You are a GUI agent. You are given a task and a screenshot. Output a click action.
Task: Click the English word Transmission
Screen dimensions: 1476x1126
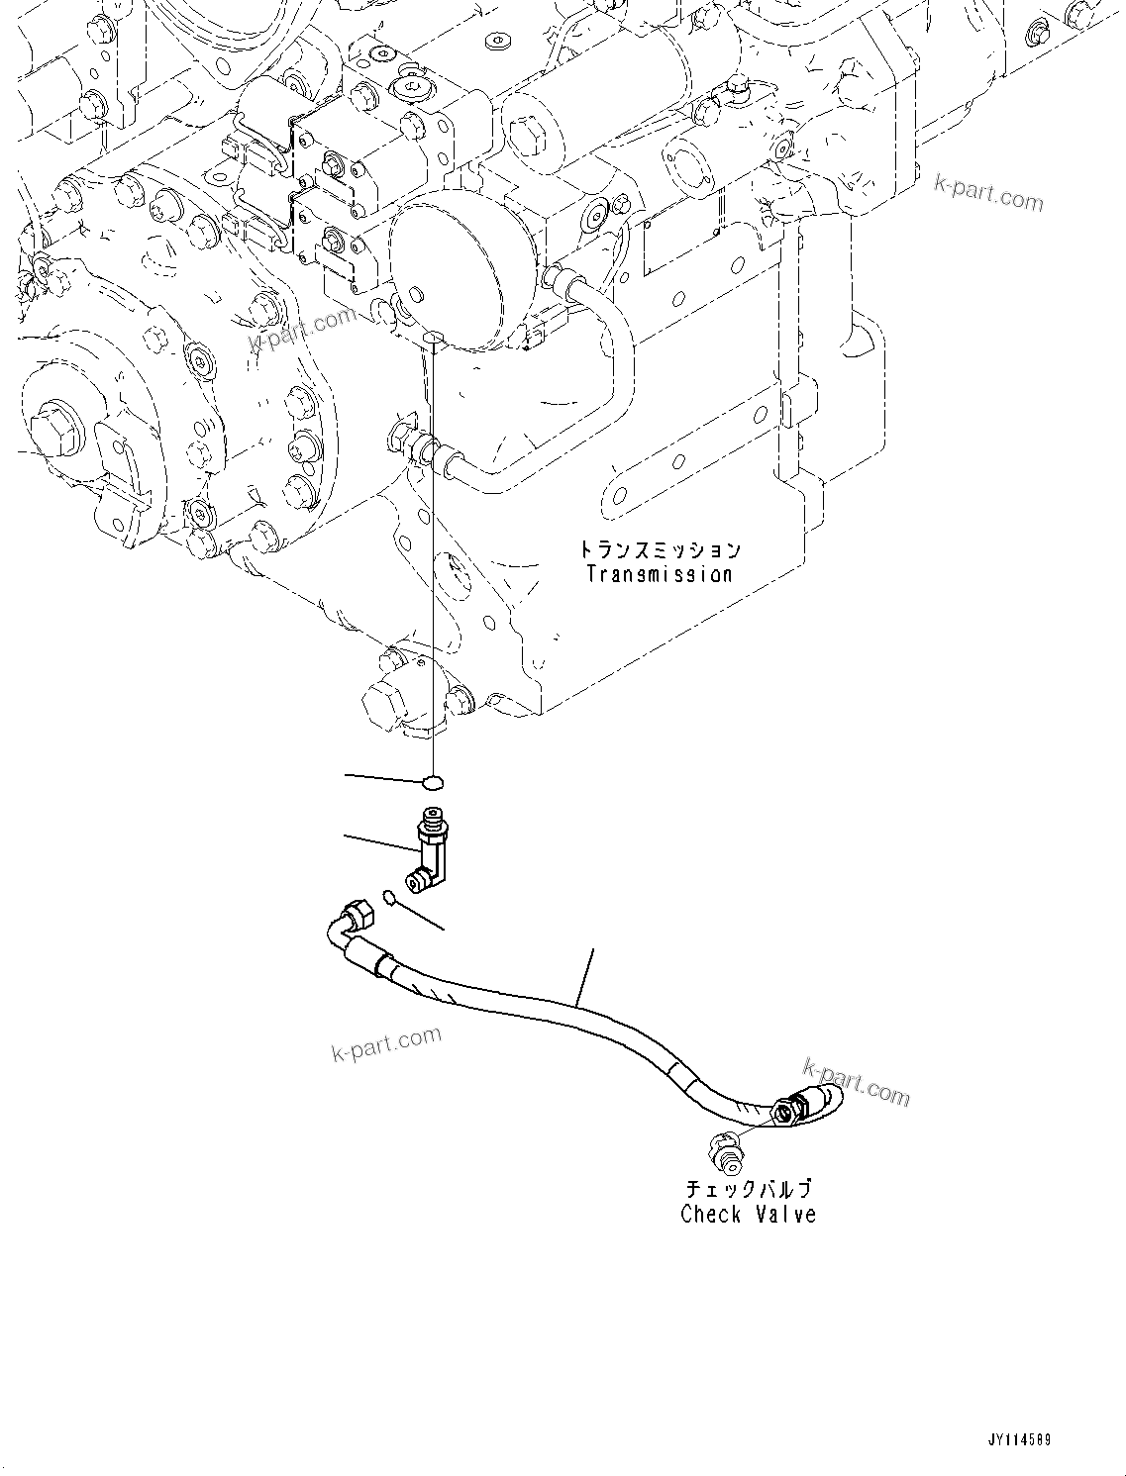[x=659, y=574]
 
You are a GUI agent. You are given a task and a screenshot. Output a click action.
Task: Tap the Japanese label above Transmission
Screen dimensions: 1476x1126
[x=660, y=549]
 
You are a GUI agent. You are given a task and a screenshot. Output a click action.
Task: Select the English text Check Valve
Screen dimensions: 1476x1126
[x=748, y=1214]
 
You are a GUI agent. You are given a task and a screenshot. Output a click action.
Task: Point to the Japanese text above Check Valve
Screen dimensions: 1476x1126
[x=749, y=1189]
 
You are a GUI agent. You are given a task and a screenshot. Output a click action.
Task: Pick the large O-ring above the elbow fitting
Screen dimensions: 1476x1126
[x=431, y=783]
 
